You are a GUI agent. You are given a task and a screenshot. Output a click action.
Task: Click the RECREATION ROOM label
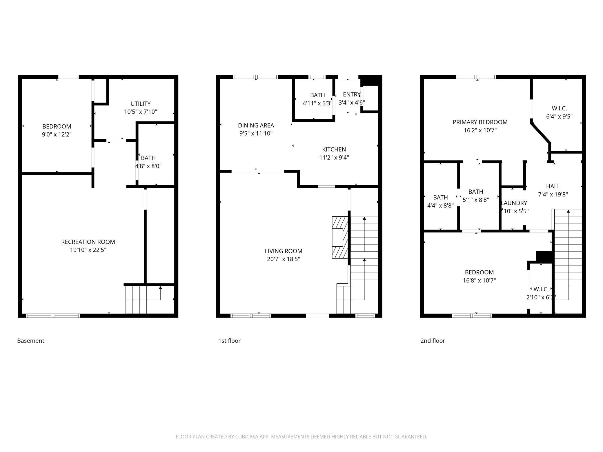(88, 242)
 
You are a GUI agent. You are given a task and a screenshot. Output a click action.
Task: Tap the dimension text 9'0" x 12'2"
(57, 134)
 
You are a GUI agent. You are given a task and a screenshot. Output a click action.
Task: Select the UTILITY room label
(140, 104)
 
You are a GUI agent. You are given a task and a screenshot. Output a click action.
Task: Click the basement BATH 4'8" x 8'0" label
(148, 158)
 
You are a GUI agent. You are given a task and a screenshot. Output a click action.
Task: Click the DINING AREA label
(256, 125)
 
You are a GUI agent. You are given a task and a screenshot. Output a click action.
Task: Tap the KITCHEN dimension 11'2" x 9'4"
(334, 158)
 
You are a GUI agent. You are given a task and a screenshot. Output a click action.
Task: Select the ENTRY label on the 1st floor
(351, 94)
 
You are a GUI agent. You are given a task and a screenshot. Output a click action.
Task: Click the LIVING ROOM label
(283, 251)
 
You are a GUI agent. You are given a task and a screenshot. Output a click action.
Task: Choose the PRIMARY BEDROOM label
(480, 122)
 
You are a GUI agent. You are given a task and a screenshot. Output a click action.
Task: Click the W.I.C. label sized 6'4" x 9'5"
(559, 109)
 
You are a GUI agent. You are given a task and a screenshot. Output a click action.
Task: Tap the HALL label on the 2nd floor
(553, 186)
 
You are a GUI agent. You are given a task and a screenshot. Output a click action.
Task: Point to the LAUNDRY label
(514, 203)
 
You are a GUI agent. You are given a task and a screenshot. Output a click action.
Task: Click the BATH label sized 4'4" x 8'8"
(440, 198)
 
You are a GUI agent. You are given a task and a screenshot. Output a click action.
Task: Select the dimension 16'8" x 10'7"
(479, 280)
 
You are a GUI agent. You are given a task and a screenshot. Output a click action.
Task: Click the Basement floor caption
(30, 341)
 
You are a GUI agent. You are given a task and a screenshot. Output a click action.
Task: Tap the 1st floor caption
(229, 341)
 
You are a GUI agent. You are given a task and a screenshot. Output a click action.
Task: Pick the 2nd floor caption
(433, 341)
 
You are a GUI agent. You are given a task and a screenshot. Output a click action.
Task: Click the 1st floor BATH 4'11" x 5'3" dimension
(317, 103)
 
